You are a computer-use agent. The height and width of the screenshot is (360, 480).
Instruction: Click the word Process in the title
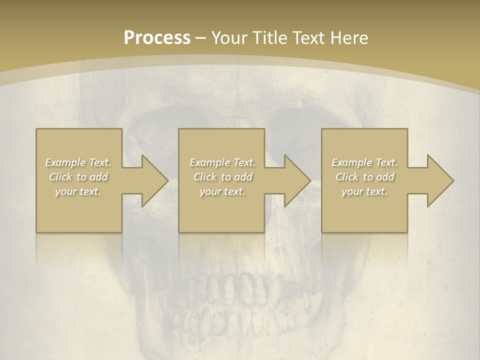click(157, 37)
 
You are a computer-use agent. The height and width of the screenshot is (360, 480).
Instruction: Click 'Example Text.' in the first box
click(78, 162)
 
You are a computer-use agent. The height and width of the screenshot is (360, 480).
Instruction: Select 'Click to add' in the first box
click(78, 177)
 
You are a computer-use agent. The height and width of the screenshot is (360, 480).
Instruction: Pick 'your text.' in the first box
click(78, 191)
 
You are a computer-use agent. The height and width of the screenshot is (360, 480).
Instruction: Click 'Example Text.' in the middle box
click(222, 162)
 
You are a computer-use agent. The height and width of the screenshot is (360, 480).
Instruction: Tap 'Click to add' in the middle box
click(222, 177)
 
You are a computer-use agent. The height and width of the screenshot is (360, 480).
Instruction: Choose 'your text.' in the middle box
click(222, 191)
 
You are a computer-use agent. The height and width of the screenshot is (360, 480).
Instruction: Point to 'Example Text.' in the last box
click(364, 162)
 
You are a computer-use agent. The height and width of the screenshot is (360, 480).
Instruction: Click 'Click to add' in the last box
click(364, 177)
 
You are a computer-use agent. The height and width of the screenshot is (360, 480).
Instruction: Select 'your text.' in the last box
click(364, 191)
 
